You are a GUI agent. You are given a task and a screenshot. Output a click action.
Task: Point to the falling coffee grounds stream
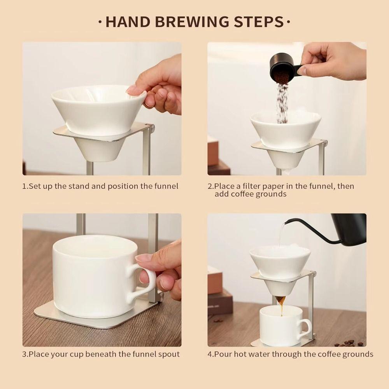[282, 99]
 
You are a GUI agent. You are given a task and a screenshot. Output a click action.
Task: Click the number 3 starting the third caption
[24, 354]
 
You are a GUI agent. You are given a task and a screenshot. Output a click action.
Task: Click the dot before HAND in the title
[100, 22]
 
